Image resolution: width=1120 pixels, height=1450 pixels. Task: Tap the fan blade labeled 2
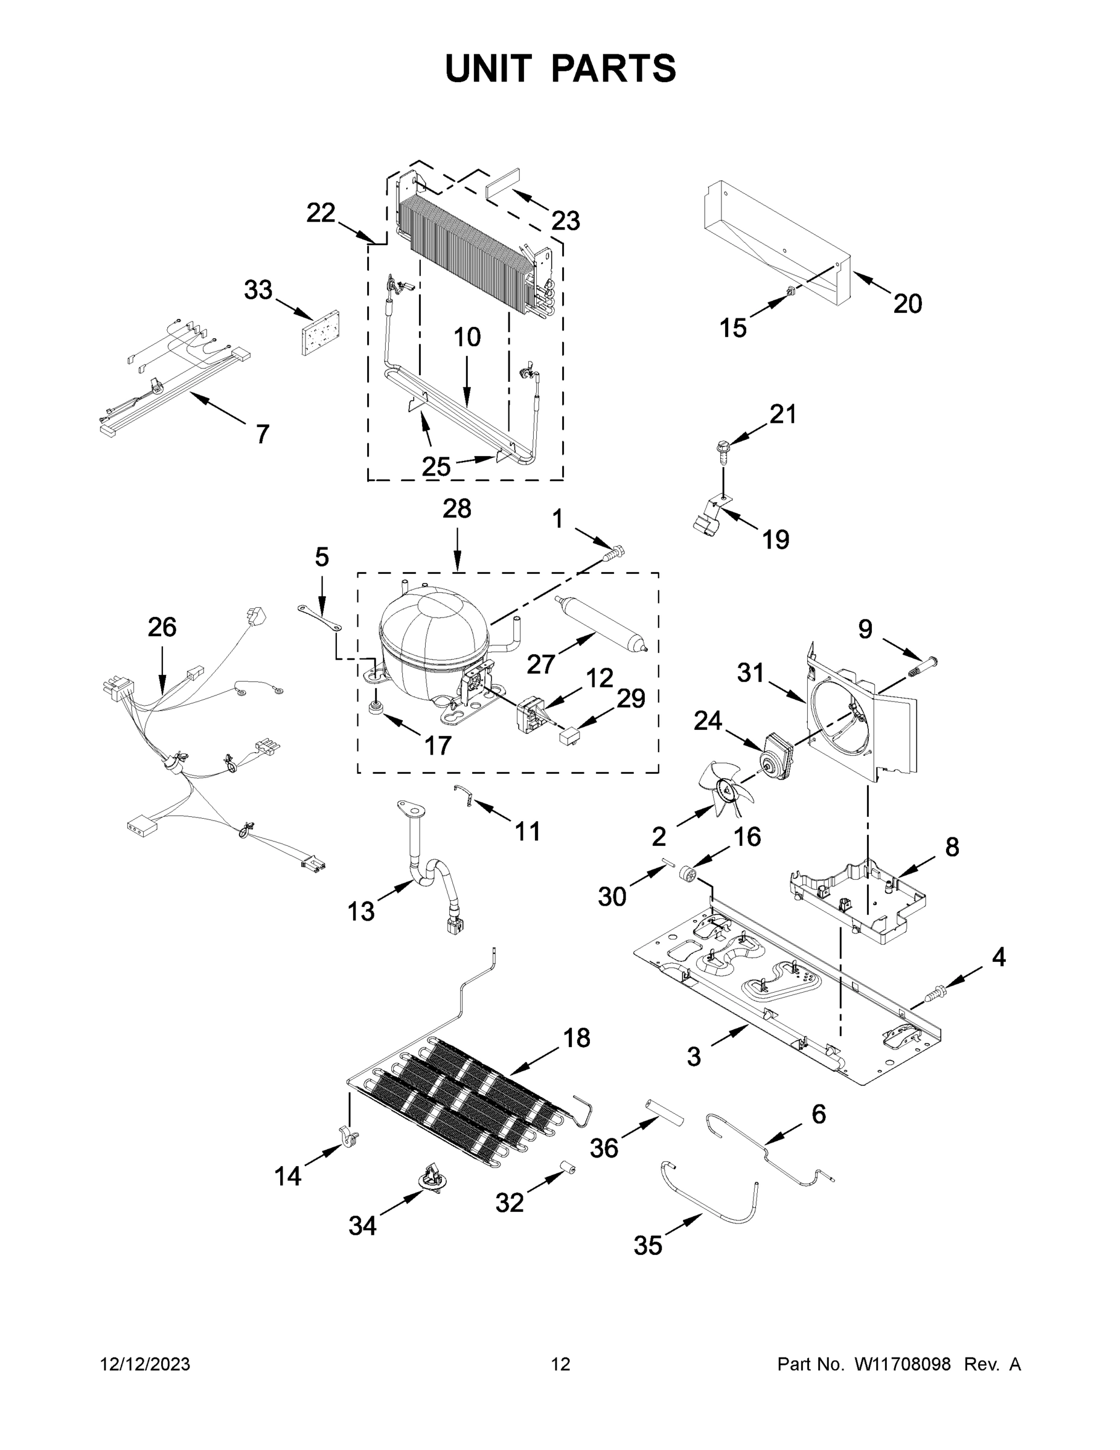point(726,790)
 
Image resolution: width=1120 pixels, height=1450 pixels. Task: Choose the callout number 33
point(258,290)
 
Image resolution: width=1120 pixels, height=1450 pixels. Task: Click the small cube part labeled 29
point(569,736)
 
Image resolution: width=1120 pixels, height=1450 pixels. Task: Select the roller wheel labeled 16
point(689,877)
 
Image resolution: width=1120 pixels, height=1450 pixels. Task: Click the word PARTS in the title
point(613,68)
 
